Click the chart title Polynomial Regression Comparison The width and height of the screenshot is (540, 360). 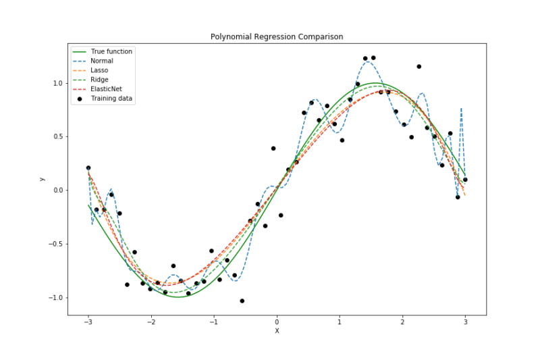[x=276, y=36]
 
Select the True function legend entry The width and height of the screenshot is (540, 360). [x=111, y=51]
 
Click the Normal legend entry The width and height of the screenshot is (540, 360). [x=102, y=61]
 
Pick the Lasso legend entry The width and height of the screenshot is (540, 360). [x=99, y=70]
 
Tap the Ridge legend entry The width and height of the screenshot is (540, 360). [x=99, y=80]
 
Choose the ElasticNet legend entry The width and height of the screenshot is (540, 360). [x=105, y=89]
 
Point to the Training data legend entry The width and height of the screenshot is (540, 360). [x=111, y=99]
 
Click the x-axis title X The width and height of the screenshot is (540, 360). [x=276, y=332]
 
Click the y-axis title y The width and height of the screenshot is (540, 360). [x=42, y=178]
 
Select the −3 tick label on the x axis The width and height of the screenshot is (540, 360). [x=87, y=322]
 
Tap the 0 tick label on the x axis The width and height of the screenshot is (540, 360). [x=277, y=322]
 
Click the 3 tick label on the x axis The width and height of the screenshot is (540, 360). [x=465, y=322]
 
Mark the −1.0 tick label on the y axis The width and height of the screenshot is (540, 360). [x=56, y=298]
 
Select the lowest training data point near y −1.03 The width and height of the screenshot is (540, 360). [x=242, y=301]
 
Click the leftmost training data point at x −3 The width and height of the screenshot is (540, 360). [x=88, y=168]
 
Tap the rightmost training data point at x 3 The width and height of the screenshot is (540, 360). [x=465, y=179]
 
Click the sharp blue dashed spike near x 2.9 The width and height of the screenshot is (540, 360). [x=461, y=109]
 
